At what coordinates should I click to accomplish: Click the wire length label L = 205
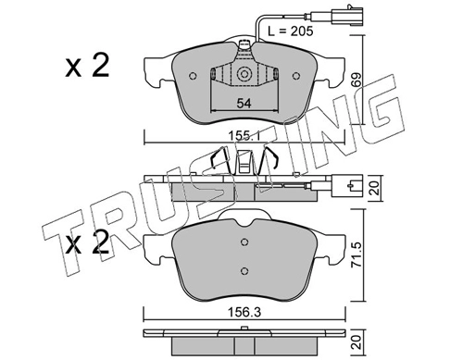point(290,31)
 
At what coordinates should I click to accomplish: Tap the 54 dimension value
point(244,104)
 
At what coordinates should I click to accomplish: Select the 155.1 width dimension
point(244,135)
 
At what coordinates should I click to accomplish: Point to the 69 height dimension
point(356,81)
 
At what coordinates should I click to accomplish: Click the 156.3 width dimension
point(244,313)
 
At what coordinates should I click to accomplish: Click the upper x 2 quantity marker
point(87,65)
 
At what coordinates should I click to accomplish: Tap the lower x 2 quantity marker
point(87,242)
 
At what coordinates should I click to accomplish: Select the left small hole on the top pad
point(193,76)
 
